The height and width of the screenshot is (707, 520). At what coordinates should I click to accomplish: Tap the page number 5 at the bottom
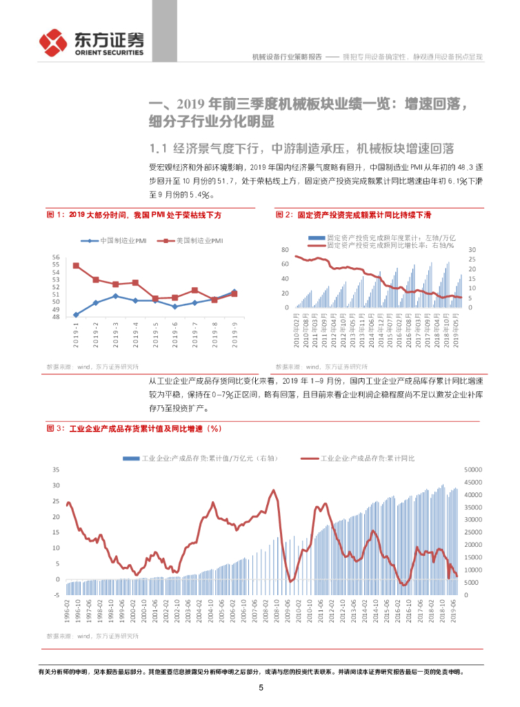point(261,688)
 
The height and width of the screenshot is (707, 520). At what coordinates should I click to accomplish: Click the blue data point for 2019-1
point(76,315)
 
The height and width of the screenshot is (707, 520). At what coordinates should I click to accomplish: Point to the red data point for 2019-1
point(76,266)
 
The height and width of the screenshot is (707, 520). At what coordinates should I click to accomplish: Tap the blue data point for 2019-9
point(234,291)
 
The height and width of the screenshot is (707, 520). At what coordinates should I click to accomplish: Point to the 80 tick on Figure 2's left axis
point(285,249)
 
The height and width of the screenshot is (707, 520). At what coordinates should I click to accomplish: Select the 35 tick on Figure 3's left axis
point(56,469)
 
